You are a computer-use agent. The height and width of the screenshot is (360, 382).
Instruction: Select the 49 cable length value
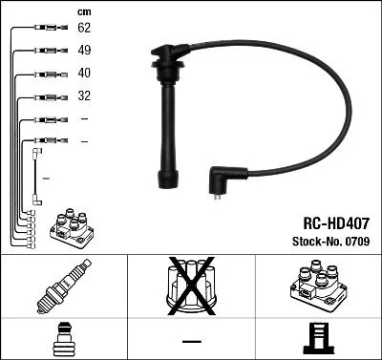tap(84, 52)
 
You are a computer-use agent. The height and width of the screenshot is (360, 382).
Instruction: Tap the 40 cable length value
tap(84, 74)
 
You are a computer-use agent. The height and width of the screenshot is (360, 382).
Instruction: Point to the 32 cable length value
tap(84, 95)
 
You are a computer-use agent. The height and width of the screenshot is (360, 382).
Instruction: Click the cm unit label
tap(84, 11)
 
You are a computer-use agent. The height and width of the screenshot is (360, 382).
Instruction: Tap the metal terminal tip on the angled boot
tap(221, 199)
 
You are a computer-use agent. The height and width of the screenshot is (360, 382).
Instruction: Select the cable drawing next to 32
tap(45, 95)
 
